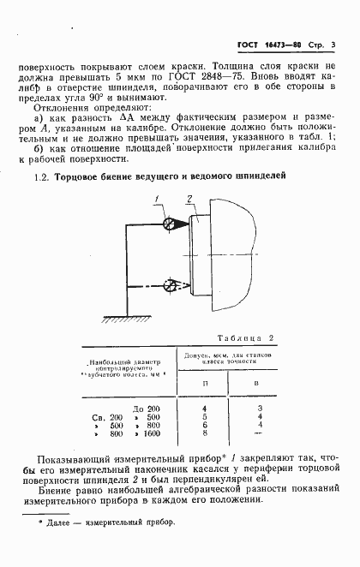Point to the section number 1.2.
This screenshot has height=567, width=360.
coord(39,176)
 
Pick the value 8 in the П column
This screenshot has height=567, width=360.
coord(204,433)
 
